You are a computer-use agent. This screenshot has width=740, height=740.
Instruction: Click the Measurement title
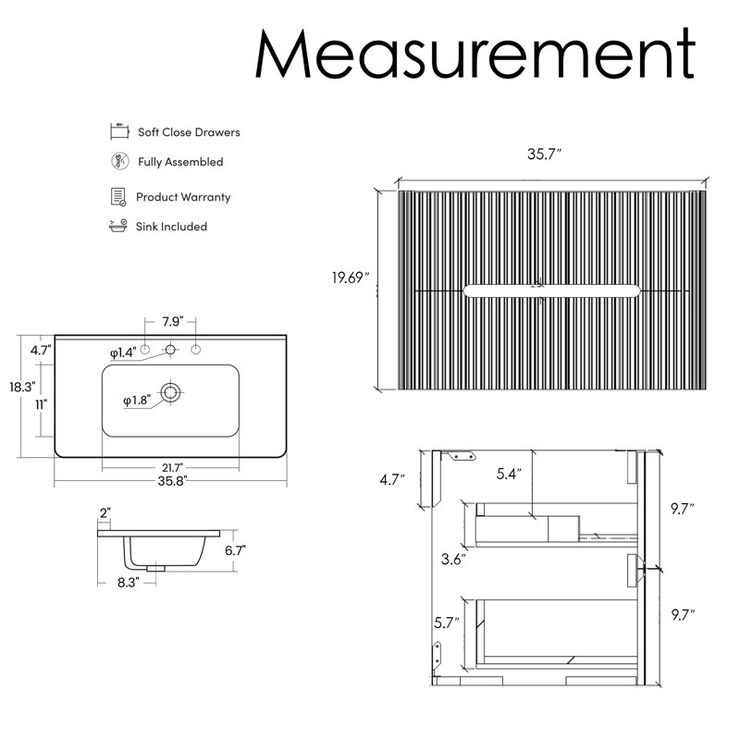click(x=475, y=53)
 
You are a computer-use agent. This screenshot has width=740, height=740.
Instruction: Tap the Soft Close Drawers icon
click(x=119, y=131)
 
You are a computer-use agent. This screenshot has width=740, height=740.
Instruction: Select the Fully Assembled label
click(x=180, y=162)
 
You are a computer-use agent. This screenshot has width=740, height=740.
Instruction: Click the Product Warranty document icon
click(x=118, y=197)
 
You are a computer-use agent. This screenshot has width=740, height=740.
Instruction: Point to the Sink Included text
click(x=171, y=227)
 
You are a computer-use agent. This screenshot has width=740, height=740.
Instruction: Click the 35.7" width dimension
click(x=544, y=154)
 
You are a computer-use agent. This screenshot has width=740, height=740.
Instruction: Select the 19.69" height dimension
click(x=351, y=277)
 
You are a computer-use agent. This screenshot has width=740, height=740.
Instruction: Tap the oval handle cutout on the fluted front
click(x=551, y=290)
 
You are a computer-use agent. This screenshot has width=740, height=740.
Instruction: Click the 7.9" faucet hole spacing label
click(x=172, y=321)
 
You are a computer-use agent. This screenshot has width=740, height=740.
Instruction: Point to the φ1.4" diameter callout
click(x=124, y=352)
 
